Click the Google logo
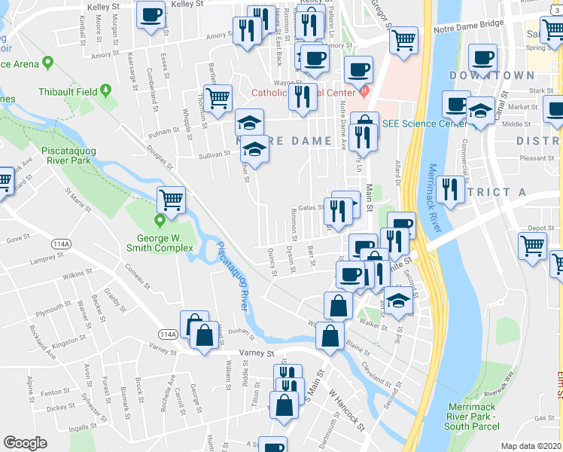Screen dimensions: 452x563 [25, 443]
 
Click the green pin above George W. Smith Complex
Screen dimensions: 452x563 [160, 221]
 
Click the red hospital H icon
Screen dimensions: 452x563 [365, 93]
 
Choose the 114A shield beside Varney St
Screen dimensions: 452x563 [168, 334]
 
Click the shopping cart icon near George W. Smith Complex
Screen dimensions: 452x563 [171, 200]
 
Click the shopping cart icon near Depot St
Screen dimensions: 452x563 [532, 245]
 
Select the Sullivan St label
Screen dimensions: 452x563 [215, 154]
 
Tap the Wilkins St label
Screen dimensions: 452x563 [78, 277]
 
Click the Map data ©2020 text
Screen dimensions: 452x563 [531, 446]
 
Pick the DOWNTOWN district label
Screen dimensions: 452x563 [491, 75]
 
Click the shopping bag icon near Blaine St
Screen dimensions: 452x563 [330, 334]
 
